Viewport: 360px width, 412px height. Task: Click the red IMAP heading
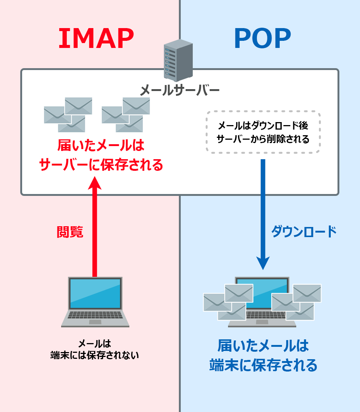point(96,39)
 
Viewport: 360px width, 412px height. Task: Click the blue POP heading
point(262,39)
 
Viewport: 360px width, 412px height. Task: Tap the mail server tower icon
point(178,60)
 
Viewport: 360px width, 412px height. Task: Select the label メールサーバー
point(180,90)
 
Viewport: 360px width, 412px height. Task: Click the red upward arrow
point(95,225)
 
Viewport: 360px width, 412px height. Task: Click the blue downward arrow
point(262,213)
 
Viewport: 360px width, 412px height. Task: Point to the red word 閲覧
point(70,232)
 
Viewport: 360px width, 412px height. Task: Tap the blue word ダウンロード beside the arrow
point(304,232)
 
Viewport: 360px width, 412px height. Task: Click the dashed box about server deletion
point(262,132)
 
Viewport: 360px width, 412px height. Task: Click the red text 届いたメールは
point(101,145)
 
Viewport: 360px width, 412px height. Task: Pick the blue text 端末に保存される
point(263,365)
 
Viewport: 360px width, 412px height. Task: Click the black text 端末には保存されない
point(94,355)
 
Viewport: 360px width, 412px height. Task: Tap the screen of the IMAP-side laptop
point(95,293)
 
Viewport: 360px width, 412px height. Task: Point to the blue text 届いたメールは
point(263,345)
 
